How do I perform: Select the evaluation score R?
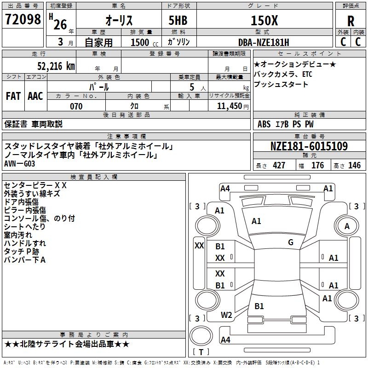tap(351, 21)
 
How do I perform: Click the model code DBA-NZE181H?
tap(264, 42)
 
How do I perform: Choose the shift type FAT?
tap(13, 96)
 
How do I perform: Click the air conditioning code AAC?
tap(35, 96)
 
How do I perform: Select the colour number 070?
tap(76, 106)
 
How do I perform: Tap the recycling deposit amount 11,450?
tap(229, 106)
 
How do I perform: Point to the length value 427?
tap(279, 166)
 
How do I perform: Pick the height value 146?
tap(354, 166)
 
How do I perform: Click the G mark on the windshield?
tap(290, 242)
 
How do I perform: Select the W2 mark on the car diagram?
tap(226, 315)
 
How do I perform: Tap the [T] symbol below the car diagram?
tap(201, 352)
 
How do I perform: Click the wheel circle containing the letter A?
tap(347, 226)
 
